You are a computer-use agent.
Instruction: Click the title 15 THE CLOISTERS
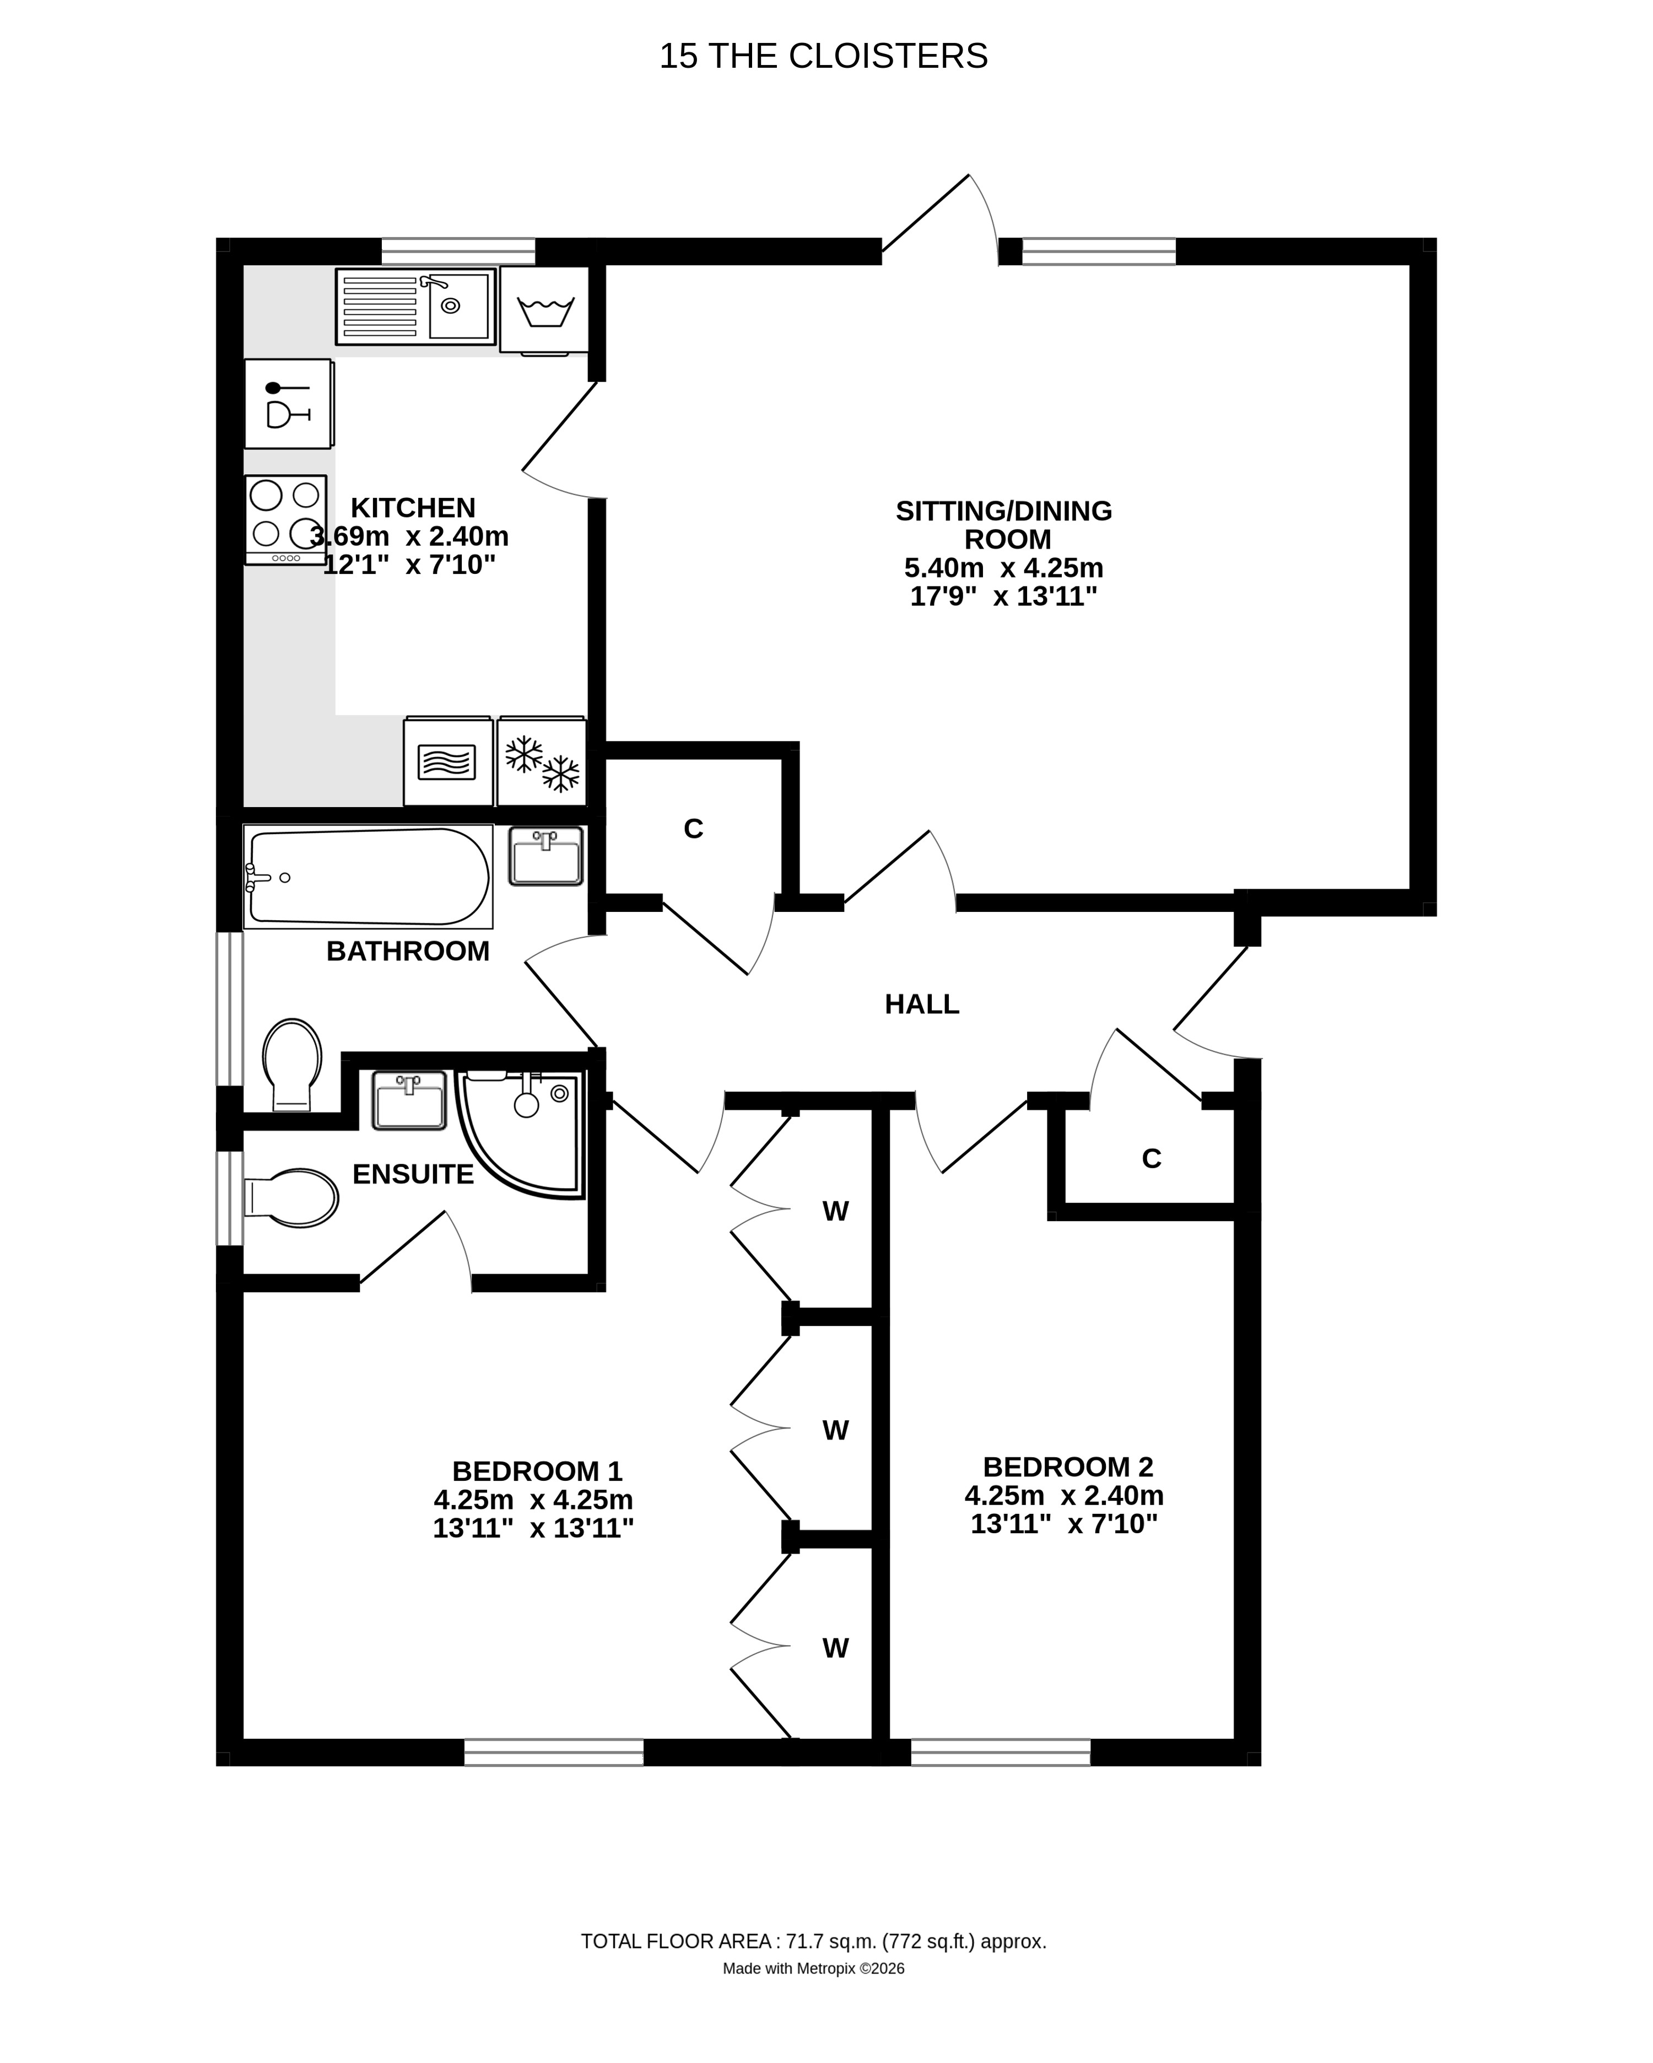click(823, 56)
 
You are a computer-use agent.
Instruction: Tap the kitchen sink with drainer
click(415, 306)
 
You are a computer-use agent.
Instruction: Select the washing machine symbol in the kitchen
click(544, 310)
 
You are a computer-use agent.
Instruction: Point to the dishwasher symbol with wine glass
click(287, 404)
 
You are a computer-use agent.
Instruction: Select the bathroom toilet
click(292, 1064)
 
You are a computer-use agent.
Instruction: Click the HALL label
click(921, 1004)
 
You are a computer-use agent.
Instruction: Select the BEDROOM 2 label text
click(1068, 1466)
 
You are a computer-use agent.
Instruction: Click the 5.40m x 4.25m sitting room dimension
click(1003, 567)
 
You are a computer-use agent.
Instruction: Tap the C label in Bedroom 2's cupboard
click(1151, 1159)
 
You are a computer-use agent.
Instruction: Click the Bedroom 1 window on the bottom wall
click(554, 1752)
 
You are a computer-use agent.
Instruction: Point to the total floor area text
click(813, 1942)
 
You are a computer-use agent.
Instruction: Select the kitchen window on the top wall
click(458, 251)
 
